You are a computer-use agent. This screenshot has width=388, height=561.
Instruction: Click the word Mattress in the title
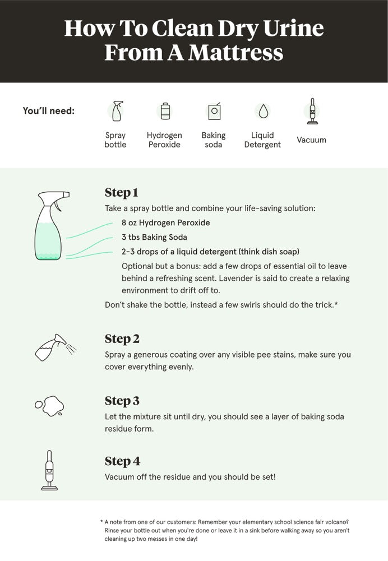click(x=235, y=53)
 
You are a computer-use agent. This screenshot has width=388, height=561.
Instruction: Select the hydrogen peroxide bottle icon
click(x=165, y=110)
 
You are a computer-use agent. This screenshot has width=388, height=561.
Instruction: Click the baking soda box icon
click(x=214, y=111)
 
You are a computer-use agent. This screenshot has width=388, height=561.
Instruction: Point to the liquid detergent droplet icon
click(x=264, y=111)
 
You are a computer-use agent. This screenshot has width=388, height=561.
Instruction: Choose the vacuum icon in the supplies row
click(x=312, y=112)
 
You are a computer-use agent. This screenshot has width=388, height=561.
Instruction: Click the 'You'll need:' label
click(x=49, y=111)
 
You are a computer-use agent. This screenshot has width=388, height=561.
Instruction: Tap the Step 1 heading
click(x=121, y=193)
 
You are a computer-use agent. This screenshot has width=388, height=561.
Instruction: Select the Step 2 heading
click(x=122, y=339)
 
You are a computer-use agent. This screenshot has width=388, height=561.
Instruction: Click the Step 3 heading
click(x=122, y=401)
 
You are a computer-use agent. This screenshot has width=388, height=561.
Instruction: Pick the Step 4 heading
click(x=122, y=462)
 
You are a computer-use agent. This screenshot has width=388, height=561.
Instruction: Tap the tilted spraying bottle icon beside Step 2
click(x=55, y=347)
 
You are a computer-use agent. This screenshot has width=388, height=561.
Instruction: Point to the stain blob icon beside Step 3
click(x=50, y=406)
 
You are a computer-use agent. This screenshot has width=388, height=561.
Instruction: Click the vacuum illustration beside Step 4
click(x=49, y=470)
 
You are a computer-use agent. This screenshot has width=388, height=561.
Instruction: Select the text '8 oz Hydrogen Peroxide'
click(x=166, y=222)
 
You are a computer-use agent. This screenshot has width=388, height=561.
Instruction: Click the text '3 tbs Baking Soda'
click(x=154, y=237)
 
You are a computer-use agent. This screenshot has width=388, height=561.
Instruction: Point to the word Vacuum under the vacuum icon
click(x=311, y=140)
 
